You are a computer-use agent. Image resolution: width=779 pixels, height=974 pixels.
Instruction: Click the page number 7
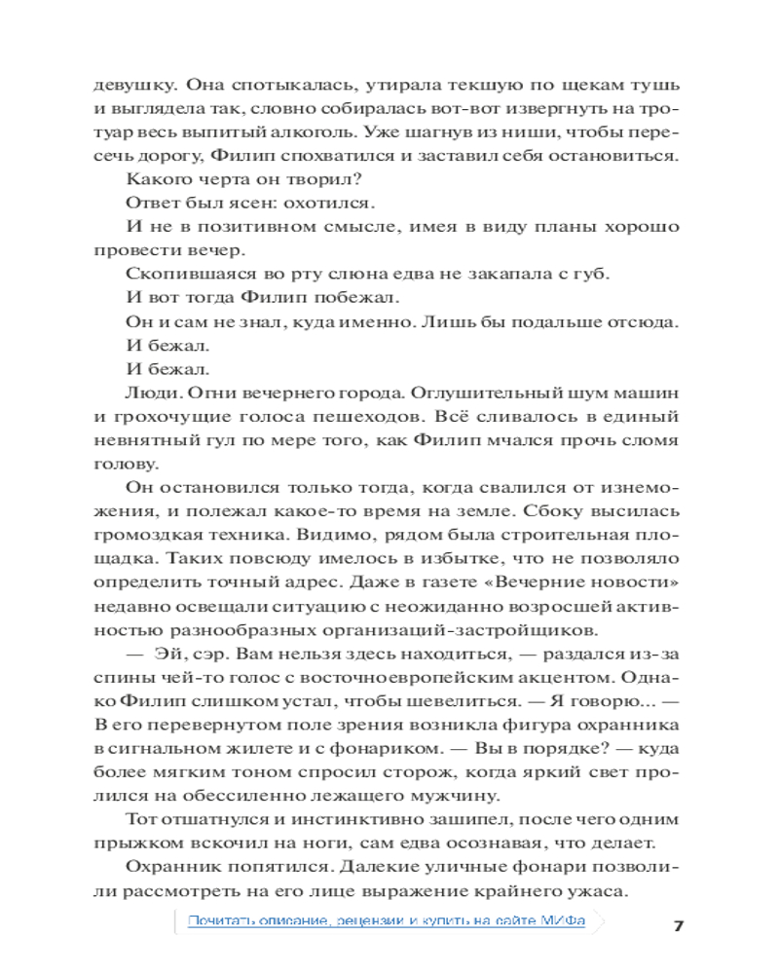pos(679,924)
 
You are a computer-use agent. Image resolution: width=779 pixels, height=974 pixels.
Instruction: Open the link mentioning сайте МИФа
pos(388,920)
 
